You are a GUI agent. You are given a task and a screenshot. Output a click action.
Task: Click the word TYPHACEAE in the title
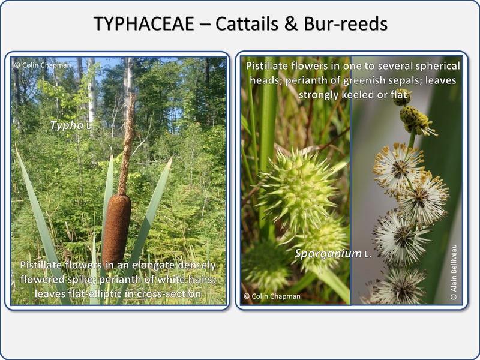tap(143, 23)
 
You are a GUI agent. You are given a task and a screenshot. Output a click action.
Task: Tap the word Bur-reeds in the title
tap(346, 23)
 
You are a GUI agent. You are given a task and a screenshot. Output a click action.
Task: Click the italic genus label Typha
tap(67, 125)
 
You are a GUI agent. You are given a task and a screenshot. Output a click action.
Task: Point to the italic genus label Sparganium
tap(328, 253)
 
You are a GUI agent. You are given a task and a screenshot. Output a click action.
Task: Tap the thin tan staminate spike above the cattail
tap(127, 144)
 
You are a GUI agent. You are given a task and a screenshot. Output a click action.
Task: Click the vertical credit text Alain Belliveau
tap(454, 272)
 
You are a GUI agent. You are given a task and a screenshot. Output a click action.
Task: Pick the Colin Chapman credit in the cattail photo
tap(42, 65)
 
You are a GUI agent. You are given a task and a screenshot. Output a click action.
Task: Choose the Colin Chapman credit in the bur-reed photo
tap(272, 296)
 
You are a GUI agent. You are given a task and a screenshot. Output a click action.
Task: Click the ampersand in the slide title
tap(291, 23)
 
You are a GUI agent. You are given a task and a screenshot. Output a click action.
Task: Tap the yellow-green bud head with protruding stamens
tap(416, 121)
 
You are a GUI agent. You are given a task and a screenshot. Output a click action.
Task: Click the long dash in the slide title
tap(205, 25)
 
